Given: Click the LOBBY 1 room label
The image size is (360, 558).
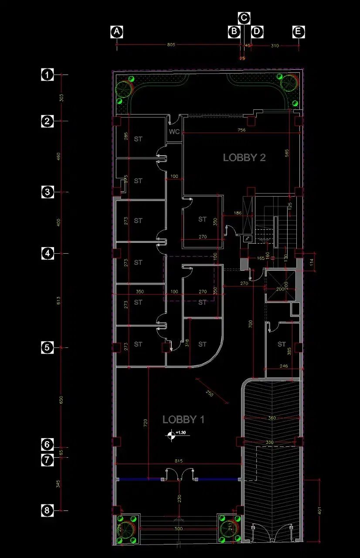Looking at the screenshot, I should pyautogui.click(x=183, y=419).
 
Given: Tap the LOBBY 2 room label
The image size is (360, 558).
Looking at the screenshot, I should pyautogui.click(x=244, y=157).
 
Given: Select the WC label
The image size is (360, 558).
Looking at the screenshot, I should pyautogui.click(x=174, y=131).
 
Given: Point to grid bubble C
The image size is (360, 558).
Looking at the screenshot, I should pyautogui.click(x=244, y=18).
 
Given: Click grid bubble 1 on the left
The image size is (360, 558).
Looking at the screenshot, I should pyautogui.click(x=47, y=75).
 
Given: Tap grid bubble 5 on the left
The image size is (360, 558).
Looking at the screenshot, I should pyautogui.click(x=47, y=347).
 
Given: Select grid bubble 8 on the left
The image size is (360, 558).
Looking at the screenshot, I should pyautogui.click(x=47, y=510).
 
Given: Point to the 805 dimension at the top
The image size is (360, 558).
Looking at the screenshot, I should pyautogui.click(x=171, y=45).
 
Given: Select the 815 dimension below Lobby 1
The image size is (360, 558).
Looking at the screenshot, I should pyautogui.click(x=178, y=461).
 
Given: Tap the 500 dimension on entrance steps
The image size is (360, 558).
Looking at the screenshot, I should pyautogui.click(x=178, y=528).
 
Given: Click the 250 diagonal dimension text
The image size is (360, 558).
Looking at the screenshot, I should pyautogui.click(x=210, y=393).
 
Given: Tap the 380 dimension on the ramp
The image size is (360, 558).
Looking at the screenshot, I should pyautogui.click(x=272, y=418).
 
